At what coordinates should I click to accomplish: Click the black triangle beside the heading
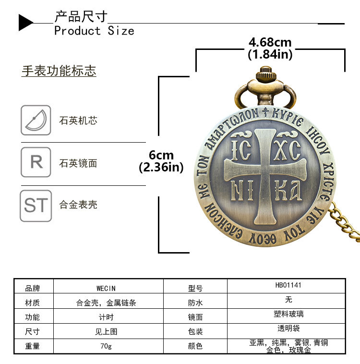coord(25,23)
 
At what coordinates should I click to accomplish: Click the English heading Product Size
coord(94,31)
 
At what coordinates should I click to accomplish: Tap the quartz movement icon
coord(36,120)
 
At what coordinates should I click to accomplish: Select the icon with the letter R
coord(36,162)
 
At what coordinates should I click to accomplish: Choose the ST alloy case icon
coord(36,206)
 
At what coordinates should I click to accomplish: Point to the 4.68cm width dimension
coord(270,43)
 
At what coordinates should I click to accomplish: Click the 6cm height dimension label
coord(161,155)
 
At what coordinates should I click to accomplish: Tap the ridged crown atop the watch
coord(264,75)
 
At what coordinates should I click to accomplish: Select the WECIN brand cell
coord(106,288)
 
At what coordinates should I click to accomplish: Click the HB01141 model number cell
coord(288,285)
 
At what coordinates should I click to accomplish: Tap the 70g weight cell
coord(106,346)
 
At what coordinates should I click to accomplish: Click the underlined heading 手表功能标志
coord(59,71)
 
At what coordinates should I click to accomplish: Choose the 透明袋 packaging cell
coord(288,329)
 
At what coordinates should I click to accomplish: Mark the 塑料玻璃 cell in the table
coord(288,315)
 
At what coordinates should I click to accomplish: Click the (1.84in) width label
coord(270,55)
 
